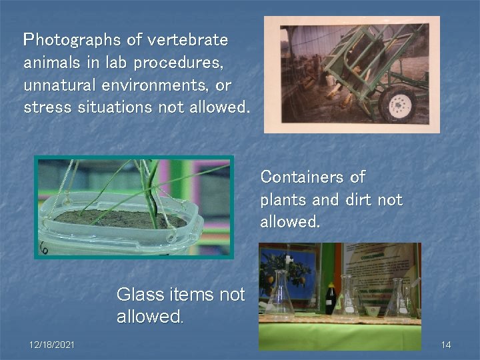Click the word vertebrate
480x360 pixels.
pyautogui.click(x=187, y=41)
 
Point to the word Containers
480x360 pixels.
pyautogui.click(x=300, y=177)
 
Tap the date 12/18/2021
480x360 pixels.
pyautogui.click(x=52, y=345)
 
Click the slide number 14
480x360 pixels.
pyautogui.click(x=446, y=345)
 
